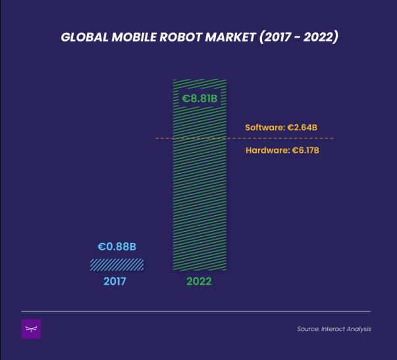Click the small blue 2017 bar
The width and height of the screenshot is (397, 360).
tap(117, 264)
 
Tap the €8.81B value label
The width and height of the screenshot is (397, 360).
tap(199, 99)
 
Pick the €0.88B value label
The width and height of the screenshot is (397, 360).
tap(117, 247)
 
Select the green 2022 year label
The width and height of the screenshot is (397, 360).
tap(199, 282)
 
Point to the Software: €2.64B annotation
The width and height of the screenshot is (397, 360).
tap(281, 127)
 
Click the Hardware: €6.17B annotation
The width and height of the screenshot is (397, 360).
tap(282, 151)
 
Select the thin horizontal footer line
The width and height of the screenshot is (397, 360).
tap(198, 311)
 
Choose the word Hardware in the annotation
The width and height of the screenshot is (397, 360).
tap(266, 151)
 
